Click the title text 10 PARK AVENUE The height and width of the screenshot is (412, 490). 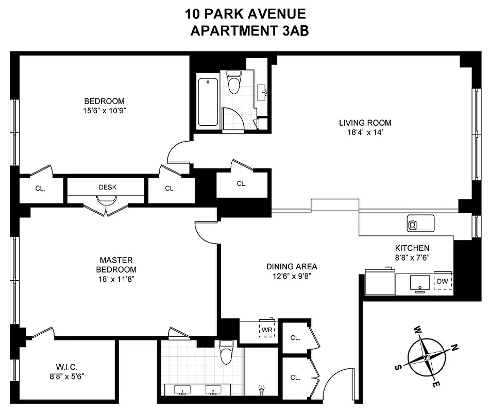(x=245, y=14)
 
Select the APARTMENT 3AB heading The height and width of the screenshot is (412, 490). (x=249, y=31)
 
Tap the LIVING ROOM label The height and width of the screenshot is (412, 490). (x=365, y=123)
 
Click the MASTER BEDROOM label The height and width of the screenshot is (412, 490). (x=117, y=265)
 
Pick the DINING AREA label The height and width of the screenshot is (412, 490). (x=292, y=266)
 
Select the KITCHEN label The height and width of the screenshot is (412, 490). (x=412, y=248)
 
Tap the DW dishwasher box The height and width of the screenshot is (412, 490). (x=442, y=282)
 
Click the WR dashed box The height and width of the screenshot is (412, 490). (x=267, y=330)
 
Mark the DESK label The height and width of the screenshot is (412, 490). (x=108, y=187)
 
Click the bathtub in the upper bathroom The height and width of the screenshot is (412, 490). (x=208, y=102)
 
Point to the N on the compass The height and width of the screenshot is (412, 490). (x=454, y=348)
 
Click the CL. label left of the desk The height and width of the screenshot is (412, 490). (x=40, y=188)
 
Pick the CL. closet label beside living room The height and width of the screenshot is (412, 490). (x=241, y=183)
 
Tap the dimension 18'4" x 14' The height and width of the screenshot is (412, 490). (x=365, y=132)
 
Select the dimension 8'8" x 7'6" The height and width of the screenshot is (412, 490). (x=412, y=258)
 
